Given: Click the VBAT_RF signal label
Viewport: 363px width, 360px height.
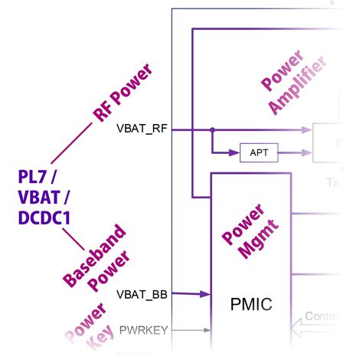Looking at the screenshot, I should click(x=143, y=128).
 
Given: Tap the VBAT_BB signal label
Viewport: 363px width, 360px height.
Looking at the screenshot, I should click(x=143, y=293).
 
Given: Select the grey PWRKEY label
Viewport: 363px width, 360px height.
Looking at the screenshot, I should click(x=144, y=330).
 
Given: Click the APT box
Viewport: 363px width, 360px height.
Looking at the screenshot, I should click(x=259, y=152).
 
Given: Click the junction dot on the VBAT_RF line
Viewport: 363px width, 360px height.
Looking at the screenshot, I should click(x=213, y=129).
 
